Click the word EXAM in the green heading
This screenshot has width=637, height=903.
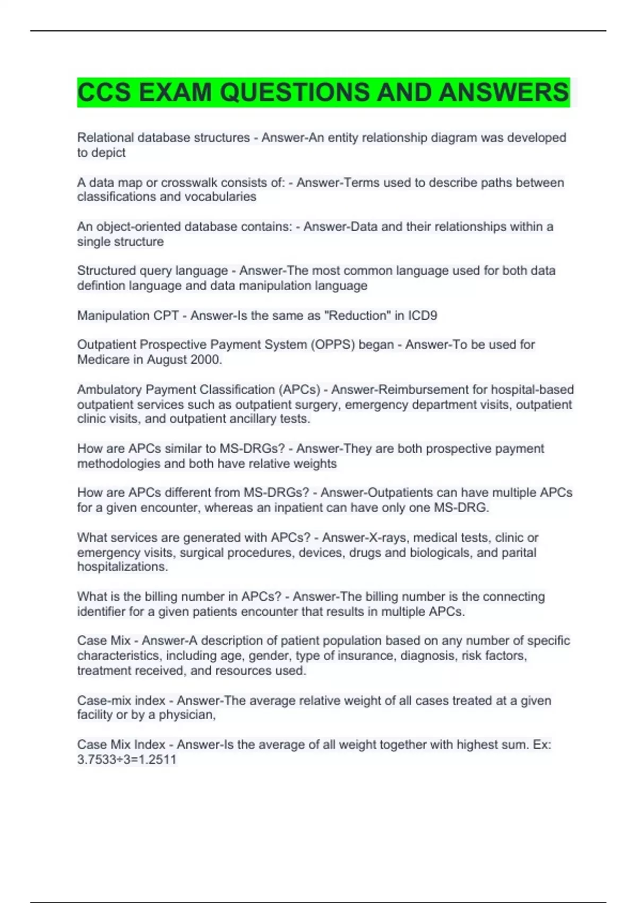[175, 92]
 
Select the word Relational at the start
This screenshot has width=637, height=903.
[105, 138]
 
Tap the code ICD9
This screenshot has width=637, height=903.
[423, 316]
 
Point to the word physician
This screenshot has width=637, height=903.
[187, 715]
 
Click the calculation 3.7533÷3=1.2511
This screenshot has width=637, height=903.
[127, 760]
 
